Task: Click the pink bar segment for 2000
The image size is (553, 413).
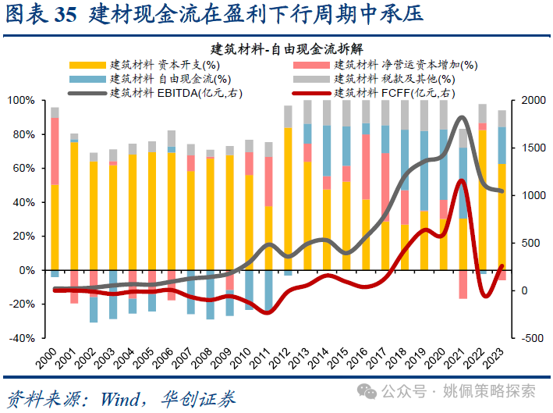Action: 55,151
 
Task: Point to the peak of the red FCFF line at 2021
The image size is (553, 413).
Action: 463,181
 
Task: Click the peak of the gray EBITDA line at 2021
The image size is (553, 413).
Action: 463,118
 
